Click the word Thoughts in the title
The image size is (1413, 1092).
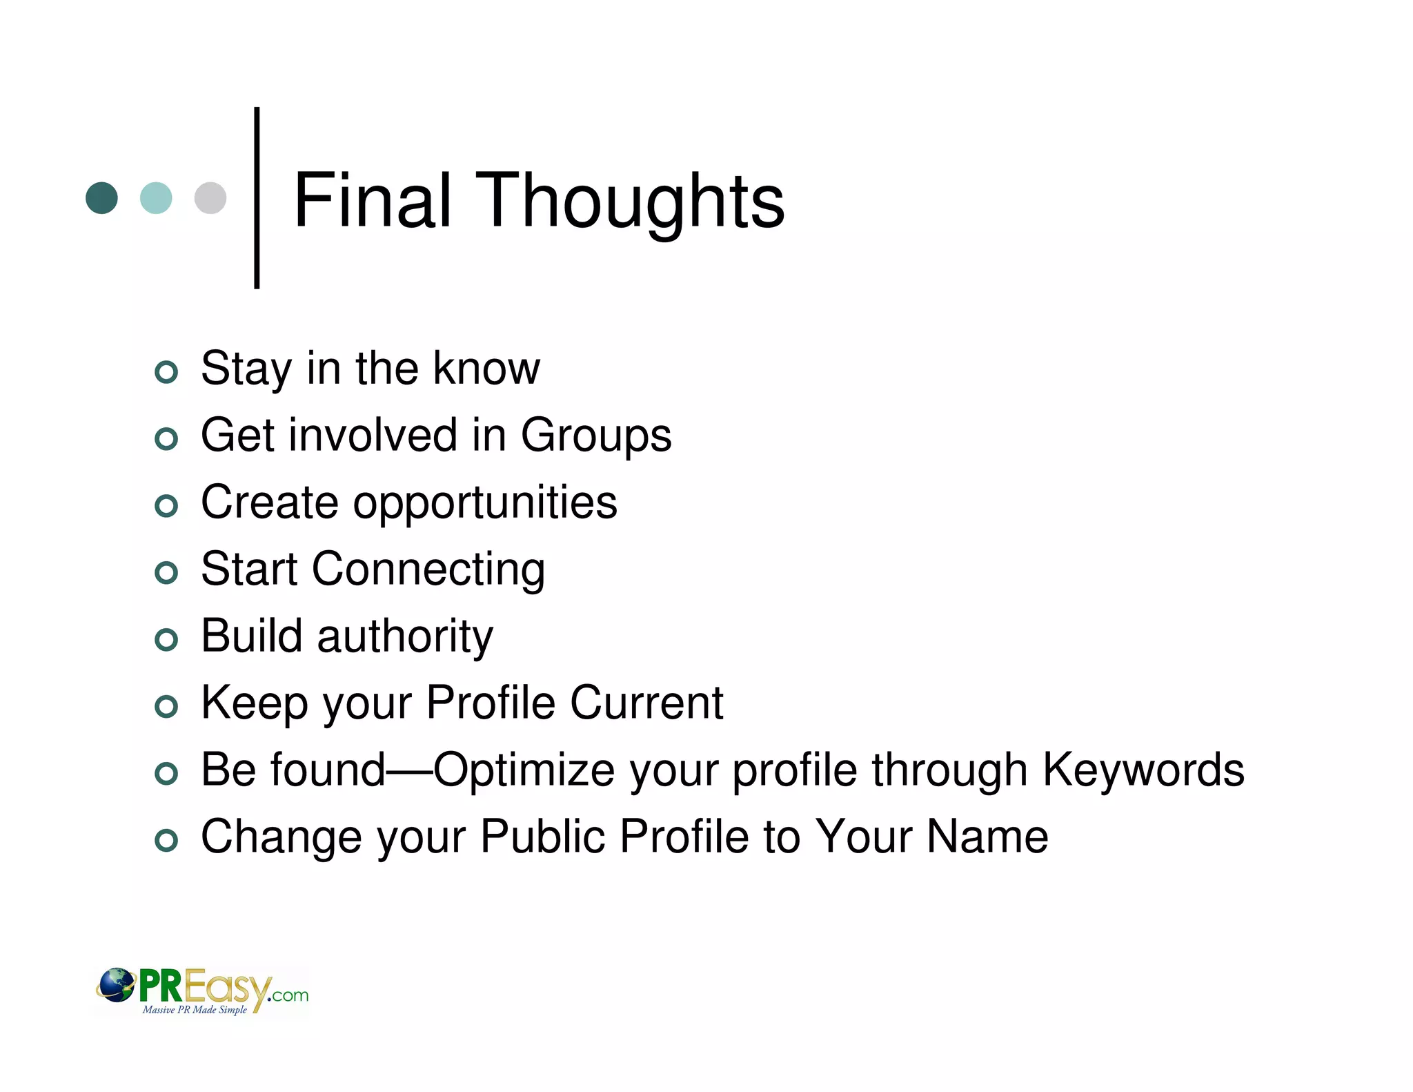(x=629, y=202)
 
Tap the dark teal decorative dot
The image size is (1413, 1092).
(x=101, y=198)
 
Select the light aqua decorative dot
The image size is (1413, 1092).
(x=156, y=198)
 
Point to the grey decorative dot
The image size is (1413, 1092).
(x=210, y=198)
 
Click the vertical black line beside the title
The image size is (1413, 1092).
(x=257, y=197)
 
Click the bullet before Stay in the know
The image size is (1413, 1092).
(x=166, y=372)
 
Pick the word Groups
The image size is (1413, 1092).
(x=595, y=436)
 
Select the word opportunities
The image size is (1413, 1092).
(x=485, y=503)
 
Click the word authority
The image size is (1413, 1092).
(x=405, y=636)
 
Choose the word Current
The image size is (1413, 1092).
(x=646, y=703)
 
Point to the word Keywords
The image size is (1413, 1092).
(x=1143, y=770)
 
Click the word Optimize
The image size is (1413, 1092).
(x=524, y=770)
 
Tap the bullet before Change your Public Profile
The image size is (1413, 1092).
(x=166, y=840)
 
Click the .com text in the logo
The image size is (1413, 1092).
(x=290, y=995)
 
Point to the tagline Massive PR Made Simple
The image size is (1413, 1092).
(x=195, y=1010)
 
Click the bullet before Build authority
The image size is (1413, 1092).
(x=166, y=640)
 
